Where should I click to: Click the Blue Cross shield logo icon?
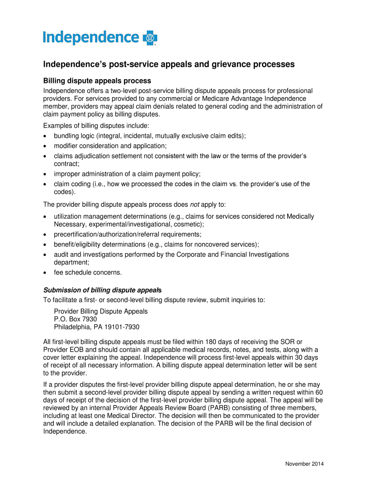coord(150,38)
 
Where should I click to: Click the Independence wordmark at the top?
coord(91,38)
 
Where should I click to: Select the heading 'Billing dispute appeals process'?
coord(97,81)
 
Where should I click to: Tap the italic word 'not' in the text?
coord(194,204)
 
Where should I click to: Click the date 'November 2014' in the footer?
coord(304,464)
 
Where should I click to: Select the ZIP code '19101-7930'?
coord(123,327)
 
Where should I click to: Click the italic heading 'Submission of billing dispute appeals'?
coord(102,290)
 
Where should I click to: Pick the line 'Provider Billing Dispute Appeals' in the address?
coord(101,311)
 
